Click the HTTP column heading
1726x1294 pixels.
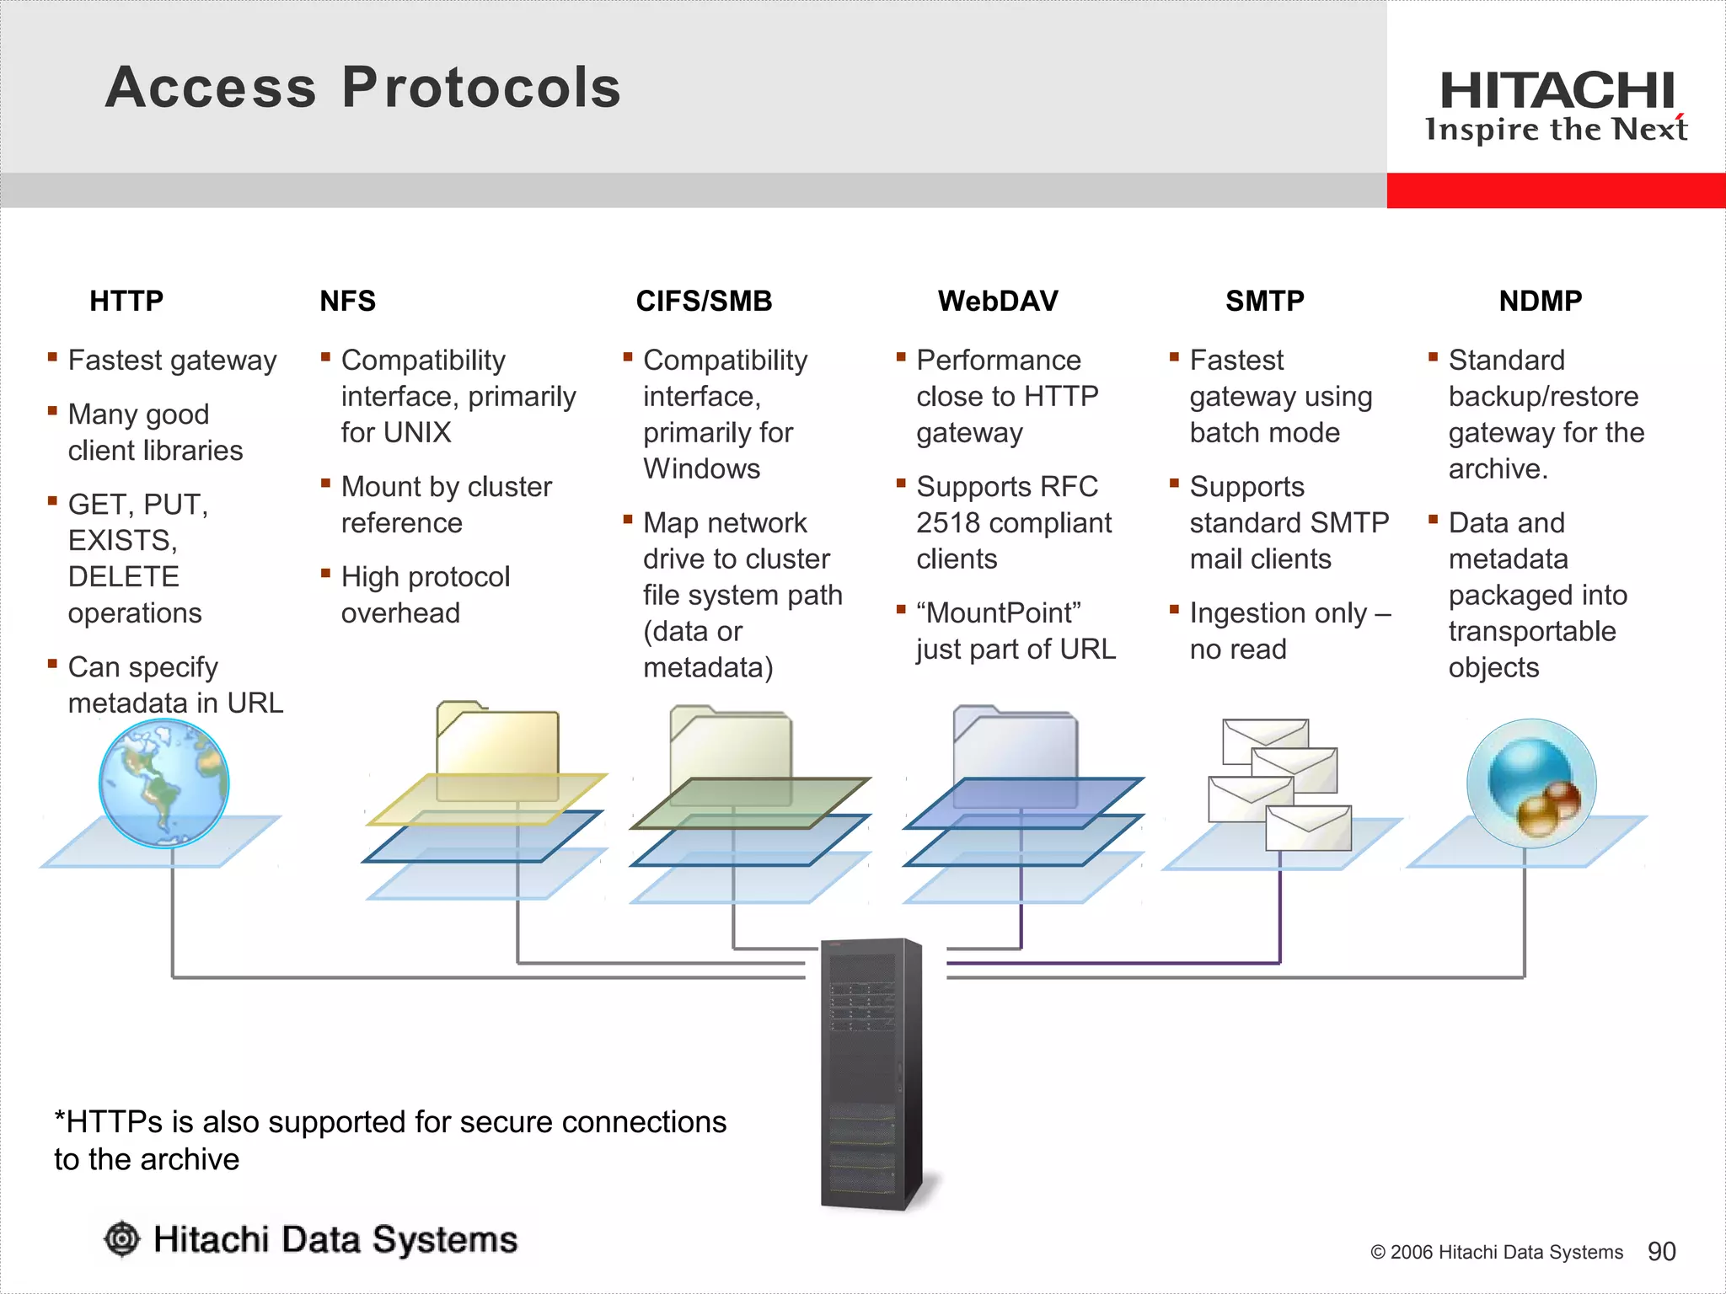[126, 301]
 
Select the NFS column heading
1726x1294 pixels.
[347, 301]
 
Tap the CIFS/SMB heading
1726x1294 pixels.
[704, 301]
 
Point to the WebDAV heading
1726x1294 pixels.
[998, 301]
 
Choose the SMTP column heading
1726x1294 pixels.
[1264, 301]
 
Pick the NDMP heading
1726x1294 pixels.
[1540, 301]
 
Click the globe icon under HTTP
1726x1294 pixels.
[163, 783]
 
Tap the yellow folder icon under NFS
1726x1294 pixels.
[497, 750]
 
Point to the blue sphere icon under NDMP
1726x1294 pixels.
[1531, 783]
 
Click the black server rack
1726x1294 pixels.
[871, 1074]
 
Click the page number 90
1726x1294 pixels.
[1661, 1251]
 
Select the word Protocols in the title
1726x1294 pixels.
[481, 88]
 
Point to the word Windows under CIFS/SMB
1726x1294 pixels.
[701, 469]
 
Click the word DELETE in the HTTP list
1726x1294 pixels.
[123, 577]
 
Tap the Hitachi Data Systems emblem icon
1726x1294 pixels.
[122, 1239]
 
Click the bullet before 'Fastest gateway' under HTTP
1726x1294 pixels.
[52, 357]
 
